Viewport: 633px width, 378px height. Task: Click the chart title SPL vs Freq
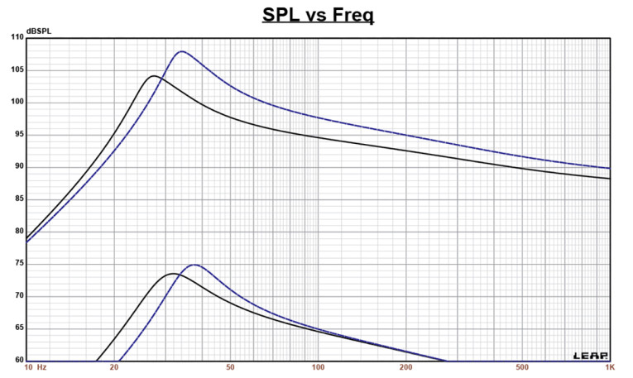click(x=318, y=16)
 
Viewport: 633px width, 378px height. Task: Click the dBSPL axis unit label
click(x=39, y=31)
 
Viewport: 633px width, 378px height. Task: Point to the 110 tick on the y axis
click(x=17, y=38)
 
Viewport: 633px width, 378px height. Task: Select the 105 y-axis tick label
click(x=17, y=69)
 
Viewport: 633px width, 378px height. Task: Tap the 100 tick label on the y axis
click(x=17, y=103)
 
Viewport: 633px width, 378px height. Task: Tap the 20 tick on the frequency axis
click(x=114, y=367)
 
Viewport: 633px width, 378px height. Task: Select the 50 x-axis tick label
click(x=230, y=367)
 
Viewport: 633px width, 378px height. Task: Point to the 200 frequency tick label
click(x=405, y=367)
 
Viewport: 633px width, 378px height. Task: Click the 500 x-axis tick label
click(x=521, y=367)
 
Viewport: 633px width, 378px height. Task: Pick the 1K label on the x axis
click(x=608, y=367)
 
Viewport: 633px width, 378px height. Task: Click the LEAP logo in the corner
click(x=591, y=355)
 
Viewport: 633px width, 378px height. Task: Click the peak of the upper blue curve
click(x=181, y=51)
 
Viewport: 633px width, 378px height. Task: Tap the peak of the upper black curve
click(x=154, y=76)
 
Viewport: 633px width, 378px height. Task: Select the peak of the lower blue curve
click(x=194, y=265)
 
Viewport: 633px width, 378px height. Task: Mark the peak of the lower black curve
click(x=173, y=274)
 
